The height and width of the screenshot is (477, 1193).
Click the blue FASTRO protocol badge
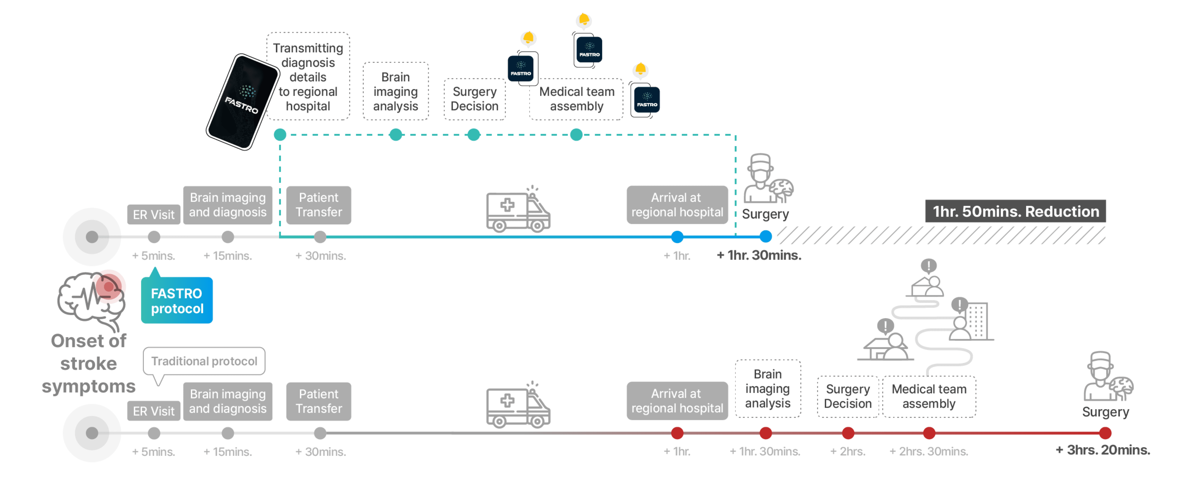(x=177, y=300)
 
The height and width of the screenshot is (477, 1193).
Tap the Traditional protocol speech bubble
(x=204, y=361)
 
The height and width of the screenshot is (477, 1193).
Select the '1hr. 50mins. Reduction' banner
(x=1015, y=211)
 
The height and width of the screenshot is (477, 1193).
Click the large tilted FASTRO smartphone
(x=243, y=102)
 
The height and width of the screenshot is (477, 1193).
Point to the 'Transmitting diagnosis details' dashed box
(x=308, y=77)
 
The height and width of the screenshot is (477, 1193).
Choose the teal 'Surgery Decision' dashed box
(x=474, y=99)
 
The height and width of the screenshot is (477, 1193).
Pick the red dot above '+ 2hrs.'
(x=848, y=433)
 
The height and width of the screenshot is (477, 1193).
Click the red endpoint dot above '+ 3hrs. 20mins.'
(x=1105, y=433)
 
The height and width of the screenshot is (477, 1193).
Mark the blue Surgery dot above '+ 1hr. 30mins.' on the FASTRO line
(x=766, y=237)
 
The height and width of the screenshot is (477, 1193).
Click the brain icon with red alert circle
(x=93, y=296)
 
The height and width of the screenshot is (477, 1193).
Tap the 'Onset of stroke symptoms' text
(x=88, y=364)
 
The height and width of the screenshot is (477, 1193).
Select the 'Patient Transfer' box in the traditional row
(x=319, y=401)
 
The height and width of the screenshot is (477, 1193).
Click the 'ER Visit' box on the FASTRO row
(x=153, y=215)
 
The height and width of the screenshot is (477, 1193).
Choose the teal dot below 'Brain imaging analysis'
(x=396, y=135)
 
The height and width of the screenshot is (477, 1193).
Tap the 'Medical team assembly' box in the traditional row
(x=929, y=396)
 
